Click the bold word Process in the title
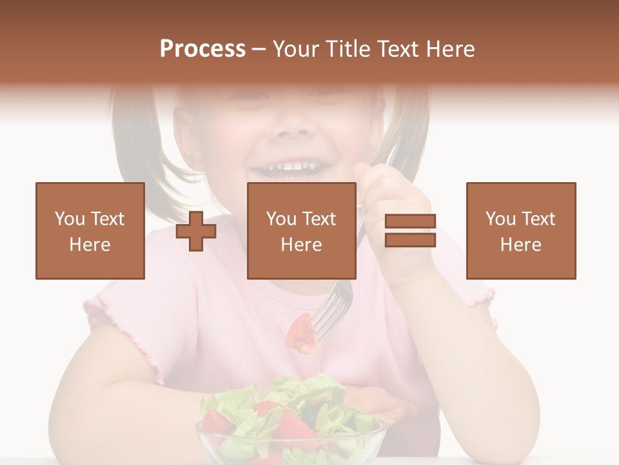pyautogui.click(x=202, y=49)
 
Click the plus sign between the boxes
pyautogui.click(x=196, y=231)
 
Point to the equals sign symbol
pyautogui.click(x=410, y=231)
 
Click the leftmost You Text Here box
pyautogui.click(x=90, y=231)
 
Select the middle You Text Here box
pyautogui.click(x=302, y=231)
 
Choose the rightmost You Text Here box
pyautogui.click(x=521, y=231)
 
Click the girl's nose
pyautogui.click(x=293, y=126)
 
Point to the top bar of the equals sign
pyautogui.click(x=410, y=222)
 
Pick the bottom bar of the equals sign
pyautogui.click(x=410, y=240)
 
